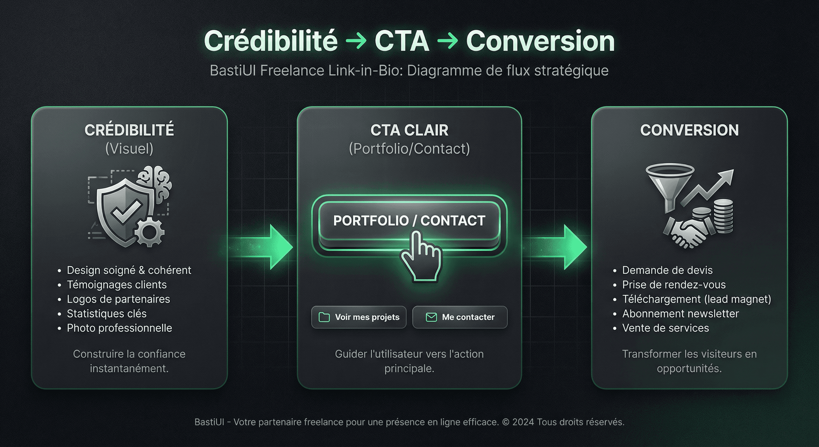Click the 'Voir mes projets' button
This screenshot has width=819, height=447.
359,317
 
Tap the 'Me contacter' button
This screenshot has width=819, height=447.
460,317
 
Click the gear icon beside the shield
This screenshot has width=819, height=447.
149,233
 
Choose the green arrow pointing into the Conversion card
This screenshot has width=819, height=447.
556,246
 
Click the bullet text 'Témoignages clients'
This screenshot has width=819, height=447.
116,284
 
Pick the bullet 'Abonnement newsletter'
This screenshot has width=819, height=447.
680,313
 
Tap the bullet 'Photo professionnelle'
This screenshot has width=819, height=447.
119,328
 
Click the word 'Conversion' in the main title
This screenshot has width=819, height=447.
540,41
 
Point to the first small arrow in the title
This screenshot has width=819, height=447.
356,41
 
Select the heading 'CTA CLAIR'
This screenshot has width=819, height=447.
409,130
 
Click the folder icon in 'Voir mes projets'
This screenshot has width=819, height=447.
324,317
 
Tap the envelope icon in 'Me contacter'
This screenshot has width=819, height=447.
431,317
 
